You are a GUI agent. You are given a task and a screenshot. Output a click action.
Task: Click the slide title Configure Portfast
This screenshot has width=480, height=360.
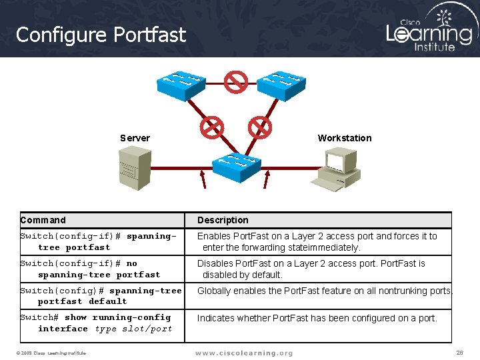101,35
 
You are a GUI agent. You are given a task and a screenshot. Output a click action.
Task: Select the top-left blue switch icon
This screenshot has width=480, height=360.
180,84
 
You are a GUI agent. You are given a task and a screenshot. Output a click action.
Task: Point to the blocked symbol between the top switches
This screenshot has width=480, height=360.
235,82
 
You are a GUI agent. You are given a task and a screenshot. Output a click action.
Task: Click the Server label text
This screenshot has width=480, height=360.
135,138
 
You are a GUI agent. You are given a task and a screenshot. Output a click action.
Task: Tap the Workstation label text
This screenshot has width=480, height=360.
344,138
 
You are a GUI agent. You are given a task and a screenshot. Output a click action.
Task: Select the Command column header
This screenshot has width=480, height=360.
43,220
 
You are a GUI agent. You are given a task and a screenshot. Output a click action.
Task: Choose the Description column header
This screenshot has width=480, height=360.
223,220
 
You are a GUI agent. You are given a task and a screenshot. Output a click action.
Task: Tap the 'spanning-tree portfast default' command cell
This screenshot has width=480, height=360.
101,295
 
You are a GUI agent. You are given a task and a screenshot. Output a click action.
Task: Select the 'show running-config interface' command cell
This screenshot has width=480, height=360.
96,323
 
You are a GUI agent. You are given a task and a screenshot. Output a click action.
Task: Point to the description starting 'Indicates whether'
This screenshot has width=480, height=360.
317,318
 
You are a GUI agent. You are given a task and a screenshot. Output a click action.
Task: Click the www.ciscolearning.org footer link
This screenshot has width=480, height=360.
243,353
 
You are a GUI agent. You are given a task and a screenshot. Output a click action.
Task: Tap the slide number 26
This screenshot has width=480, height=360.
459,352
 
